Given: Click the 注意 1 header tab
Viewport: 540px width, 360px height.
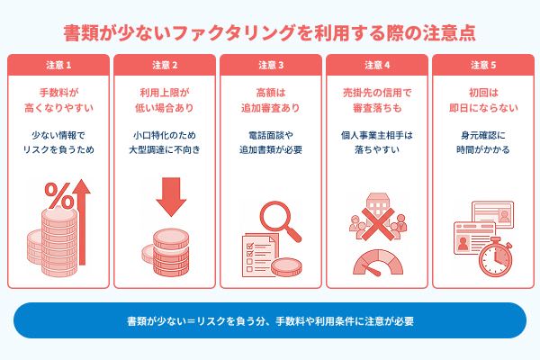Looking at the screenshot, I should [x=58, y=65].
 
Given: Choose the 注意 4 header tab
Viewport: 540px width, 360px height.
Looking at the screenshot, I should [x=377, y=65].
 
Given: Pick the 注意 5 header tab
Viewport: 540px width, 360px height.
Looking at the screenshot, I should [x=482, y=65].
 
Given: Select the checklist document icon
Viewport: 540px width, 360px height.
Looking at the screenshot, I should [x=259, y=256].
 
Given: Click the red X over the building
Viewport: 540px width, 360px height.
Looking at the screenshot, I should [x=378, y=215].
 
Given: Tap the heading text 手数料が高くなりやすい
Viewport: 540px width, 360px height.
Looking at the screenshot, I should [x=58, y=101].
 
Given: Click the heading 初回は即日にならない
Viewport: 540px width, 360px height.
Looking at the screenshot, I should [x=482, y=101].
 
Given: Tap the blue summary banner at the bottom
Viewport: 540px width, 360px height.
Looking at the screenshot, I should [x=270, y=319].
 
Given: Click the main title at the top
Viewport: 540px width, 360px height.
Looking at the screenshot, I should [x=270, y=32].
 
